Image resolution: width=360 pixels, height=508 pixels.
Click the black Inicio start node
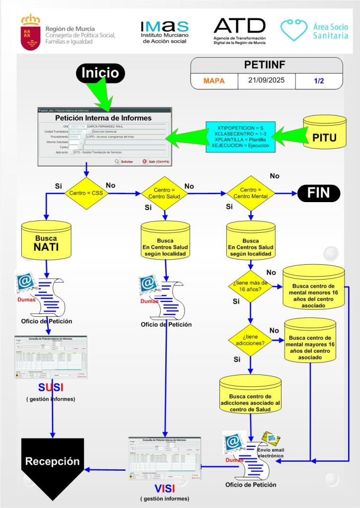click(x=100, y=73)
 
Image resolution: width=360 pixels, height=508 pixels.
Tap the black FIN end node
click(x=318, y=192)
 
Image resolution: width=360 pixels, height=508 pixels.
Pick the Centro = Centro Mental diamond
click(x=250, y=193)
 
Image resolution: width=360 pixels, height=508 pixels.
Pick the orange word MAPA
click(x=214, y=80)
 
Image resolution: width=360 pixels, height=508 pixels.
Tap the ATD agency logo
click(x=239, y=30)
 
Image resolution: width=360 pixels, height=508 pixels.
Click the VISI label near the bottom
click(x=164, y=488)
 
